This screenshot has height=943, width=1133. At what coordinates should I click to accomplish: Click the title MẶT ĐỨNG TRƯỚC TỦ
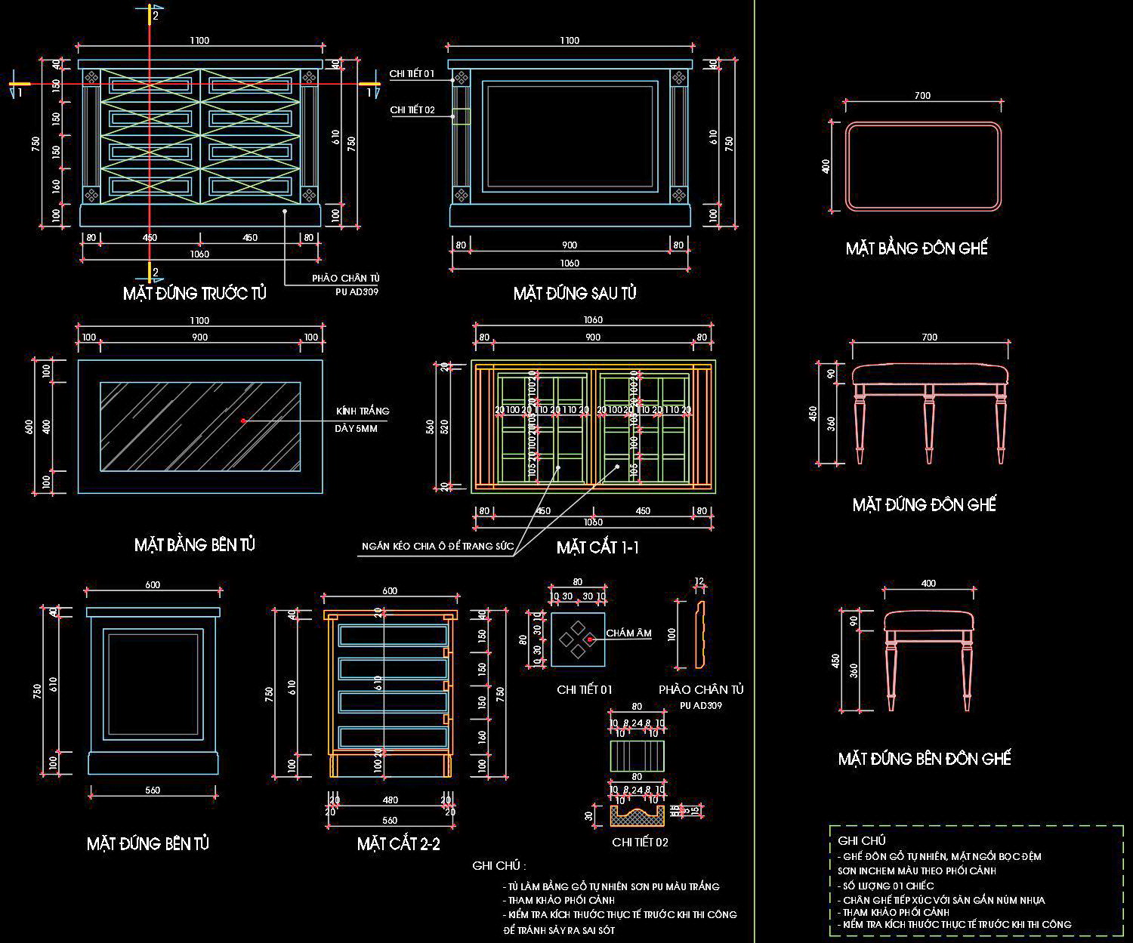point(195,293)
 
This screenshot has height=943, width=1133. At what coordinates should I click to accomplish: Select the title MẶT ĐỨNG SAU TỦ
point(575,293)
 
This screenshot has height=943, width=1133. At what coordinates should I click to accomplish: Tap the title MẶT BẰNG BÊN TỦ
point(195,544)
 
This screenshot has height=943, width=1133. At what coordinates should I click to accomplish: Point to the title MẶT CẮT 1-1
point(597,547)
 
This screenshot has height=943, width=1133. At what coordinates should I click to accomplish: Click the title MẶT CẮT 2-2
point(398,844)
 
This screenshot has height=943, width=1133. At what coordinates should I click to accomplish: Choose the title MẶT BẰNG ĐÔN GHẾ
point(917,248)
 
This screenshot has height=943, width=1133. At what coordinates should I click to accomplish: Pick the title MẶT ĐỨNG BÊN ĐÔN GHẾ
point(925,759)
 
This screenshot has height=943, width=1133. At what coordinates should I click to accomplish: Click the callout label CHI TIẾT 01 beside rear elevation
point(412,74)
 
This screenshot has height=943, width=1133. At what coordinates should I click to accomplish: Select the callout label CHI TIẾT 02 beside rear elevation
point(412,110)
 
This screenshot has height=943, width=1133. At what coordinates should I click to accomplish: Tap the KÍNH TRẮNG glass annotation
point(363,411)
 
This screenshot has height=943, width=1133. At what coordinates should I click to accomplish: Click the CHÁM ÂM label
point(628,633)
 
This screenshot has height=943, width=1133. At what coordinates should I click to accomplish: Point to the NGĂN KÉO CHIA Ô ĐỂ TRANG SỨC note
point(437,546)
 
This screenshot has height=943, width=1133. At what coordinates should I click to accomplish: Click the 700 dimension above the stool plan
point(922,96)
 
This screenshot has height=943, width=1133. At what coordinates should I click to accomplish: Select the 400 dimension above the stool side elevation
point(928,583)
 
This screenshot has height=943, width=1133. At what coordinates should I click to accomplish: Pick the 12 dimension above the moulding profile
point(699,581)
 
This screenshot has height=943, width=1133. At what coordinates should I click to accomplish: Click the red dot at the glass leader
point(243,421)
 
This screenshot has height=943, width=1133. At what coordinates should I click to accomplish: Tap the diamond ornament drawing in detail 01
point(577,639)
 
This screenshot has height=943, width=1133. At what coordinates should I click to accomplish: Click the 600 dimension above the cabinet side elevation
point(153,584)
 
